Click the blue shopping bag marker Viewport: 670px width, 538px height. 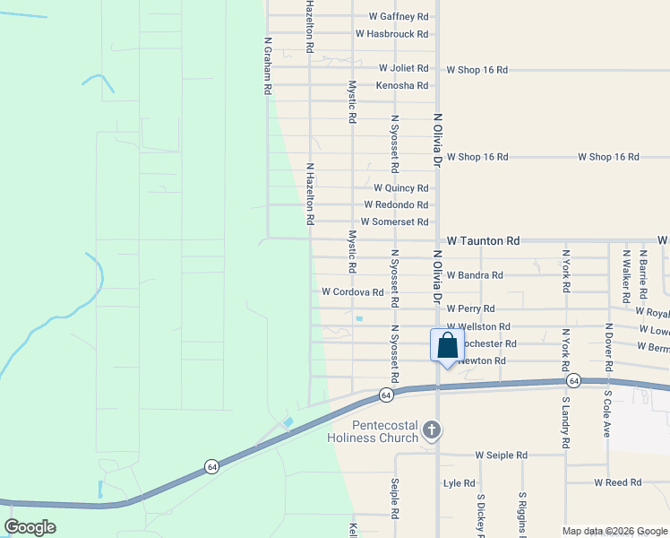pyautogui.click(x=447, y=345)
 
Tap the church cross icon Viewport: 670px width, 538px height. pyautogui.click(x=432, y=430)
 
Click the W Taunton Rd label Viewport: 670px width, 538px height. pyautogui.click(x=483, y=241)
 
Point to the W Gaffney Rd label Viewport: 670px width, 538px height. pyautogui.click(x=398, y=17)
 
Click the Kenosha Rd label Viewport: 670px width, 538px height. pyautogui.click(x=402, y=85)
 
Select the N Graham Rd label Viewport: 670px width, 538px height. pyautogui.click(x=267, y=65)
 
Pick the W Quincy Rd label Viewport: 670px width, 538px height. pyautogui.click(x=400, y=188)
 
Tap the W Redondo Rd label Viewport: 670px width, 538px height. pyautogui.click(x=395, y=205)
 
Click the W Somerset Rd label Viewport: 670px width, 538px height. pyautogui.click(x=394, y=221)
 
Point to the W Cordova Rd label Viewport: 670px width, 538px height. pyautogui.click(x=353, y=292)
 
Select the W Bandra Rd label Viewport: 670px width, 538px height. pyautogui.click(x=474, y=275)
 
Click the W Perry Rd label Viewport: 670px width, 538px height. pyautogui.click(x=470, y=309)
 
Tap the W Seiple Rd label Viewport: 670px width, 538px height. pyautogui.click(x=501, y=456)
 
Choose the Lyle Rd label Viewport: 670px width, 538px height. pyautogui.click(x=459, y=483)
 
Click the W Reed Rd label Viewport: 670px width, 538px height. pyautogui.click(x=617, y=482)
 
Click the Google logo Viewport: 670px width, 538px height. pyautogui.click(x=30, y=527)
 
